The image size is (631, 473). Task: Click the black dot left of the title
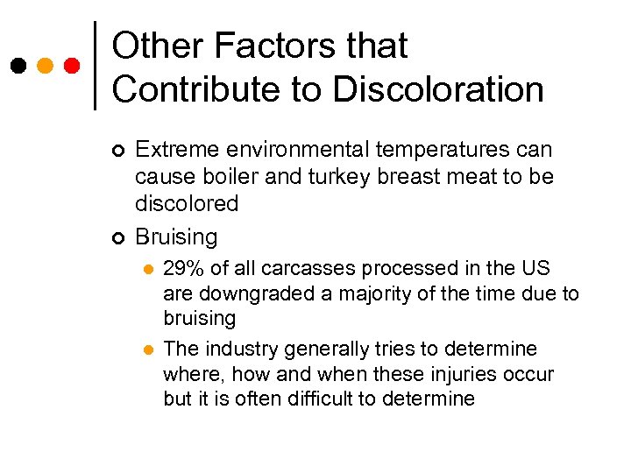pyautogui.click(x=17, y=66)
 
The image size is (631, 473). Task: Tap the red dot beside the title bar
pyautogui.click(x=72, y=66)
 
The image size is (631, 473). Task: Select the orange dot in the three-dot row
pyautogui.click(x=45, y=66)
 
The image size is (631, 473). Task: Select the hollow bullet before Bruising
pyautogui.click(x=119, y=237)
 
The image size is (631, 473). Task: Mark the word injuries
pyautogui.click(x=443, y=374)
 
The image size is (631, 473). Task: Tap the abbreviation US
pyautogui.click(x=535, y=268)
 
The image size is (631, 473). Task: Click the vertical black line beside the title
pyautogui.click(x=95, y=65)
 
